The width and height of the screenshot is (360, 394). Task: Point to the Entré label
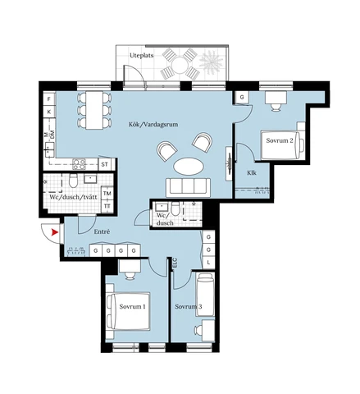coord(90,231)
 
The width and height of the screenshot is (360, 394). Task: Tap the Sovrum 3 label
coord(188,306)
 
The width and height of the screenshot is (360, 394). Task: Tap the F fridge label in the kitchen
coord(48,98)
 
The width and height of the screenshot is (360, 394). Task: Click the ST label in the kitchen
coord(104,164)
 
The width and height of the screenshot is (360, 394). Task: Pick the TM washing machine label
coord(107,192)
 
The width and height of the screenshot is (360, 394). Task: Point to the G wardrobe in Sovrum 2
coord(243,98)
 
